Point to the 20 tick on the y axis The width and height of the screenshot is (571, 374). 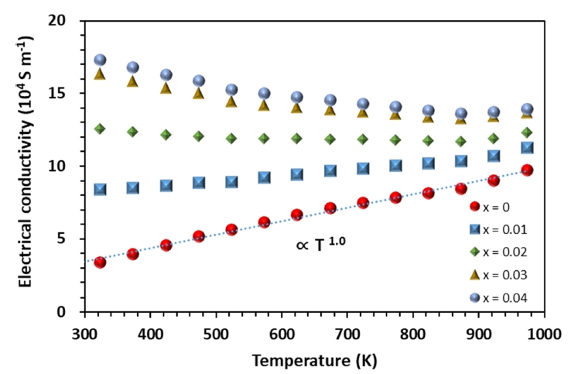[x=68, y=21]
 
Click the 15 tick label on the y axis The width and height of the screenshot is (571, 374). [x=68, y=94]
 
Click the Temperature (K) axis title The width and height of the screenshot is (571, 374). [x=313, y=359]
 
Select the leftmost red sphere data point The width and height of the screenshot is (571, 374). [x=100, y=262]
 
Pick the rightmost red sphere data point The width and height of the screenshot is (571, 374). [x=527, y=170]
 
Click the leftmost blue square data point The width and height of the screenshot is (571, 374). [x=100, y=189]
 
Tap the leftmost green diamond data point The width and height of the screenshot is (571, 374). [x=100, y=129]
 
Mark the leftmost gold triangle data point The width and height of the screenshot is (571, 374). [x=100, y=74]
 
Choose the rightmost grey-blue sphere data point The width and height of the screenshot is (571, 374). [x=527, y=109]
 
